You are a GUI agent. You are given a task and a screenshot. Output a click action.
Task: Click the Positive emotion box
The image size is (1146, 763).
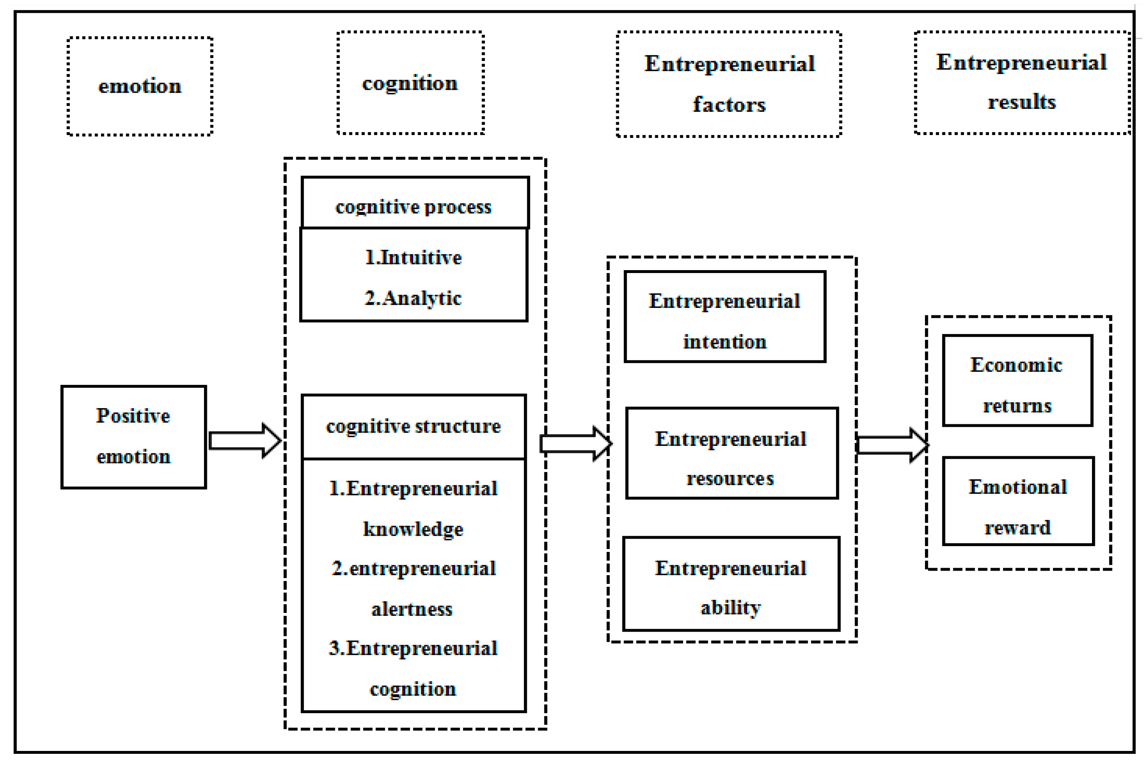[x=133, y=436]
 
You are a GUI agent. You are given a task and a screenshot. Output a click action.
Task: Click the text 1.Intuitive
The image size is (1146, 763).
[x=413, y=257]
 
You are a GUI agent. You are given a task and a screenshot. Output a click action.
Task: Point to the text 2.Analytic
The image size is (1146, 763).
[x=413, y=298]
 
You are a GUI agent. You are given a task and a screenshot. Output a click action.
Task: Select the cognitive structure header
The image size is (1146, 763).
[x=413, y=426]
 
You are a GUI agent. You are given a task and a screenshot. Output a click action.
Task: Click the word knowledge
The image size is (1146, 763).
[x=413, y=529]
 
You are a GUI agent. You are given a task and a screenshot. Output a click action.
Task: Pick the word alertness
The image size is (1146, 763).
[x=412, y=609]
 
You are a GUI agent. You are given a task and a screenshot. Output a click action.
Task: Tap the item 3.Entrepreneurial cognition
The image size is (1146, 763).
[x=413, y=667]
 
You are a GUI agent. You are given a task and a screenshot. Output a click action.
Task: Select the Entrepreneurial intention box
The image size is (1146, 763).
[x=724, y=317]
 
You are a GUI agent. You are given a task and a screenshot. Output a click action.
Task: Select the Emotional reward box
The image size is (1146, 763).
[x=1018, y=501]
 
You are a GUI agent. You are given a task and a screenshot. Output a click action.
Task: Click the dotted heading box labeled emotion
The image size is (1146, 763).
[x=140, y=86]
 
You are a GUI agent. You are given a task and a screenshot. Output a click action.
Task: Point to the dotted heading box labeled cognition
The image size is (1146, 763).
[x=410, y=83]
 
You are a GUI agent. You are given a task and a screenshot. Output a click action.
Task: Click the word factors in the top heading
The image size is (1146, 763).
[x=729, y=105]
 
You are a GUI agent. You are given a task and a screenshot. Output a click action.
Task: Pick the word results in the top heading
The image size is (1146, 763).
[x=1021, y=102]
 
